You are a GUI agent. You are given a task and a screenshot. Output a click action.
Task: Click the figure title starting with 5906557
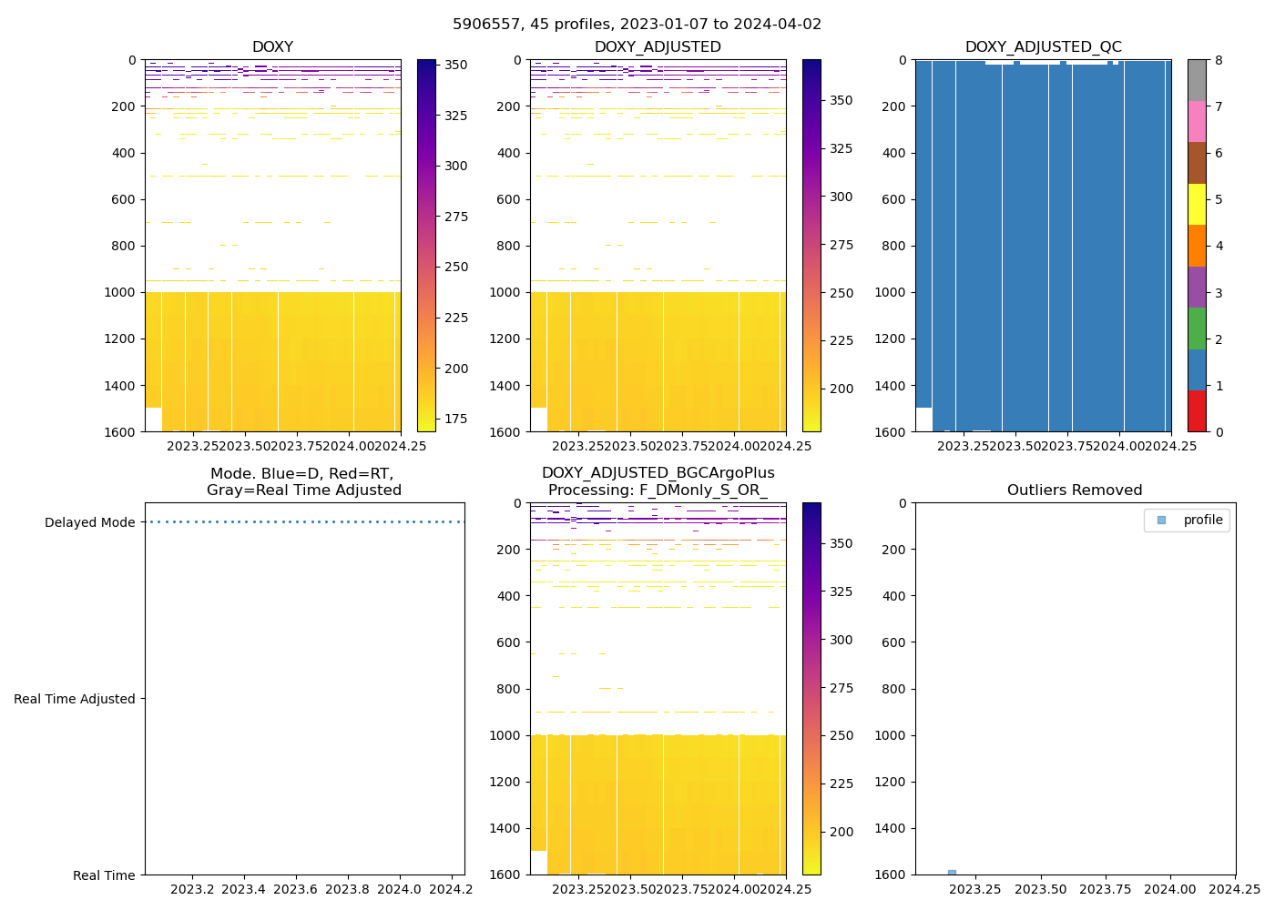click(x=637, y=25)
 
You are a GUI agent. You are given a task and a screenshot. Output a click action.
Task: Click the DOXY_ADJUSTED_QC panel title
click(x=1043, y=47)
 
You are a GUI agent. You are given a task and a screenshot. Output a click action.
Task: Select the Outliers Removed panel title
click(x=1075, y=490)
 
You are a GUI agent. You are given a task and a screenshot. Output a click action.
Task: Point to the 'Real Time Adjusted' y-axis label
click(x=74, y=699)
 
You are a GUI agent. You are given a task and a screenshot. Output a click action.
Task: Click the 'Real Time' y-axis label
click(x=104, y=875)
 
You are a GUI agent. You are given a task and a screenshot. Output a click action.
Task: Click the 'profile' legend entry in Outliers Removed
click(x=1202, y=521)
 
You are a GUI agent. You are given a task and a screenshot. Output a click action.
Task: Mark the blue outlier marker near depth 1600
click(x=952, y=872)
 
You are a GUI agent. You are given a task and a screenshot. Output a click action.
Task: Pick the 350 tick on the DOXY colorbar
click(x=455, y=65)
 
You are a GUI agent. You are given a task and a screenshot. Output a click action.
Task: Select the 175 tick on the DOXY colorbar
click(x=455, y=419)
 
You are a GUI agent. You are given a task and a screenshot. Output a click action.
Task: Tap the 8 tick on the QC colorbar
click(x=1219, y=61)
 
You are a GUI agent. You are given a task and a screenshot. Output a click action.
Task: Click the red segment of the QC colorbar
click(x=1197, y=411)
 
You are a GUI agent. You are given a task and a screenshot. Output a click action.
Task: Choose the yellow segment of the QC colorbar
click(x=1197, y=205)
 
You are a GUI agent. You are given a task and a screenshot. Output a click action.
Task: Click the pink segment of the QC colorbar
click(x=1197, y=122)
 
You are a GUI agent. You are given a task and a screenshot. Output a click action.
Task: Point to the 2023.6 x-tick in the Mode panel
click(x=295, y=889)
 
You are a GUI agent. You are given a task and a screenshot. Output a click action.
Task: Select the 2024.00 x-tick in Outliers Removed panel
click(x=1170, y=889)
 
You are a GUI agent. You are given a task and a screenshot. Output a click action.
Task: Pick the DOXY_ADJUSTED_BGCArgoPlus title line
click(x=658, y=473)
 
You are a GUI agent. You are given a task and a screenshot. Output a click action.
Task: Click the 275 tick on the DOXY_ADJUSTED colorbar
click(x=841, y=245)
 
